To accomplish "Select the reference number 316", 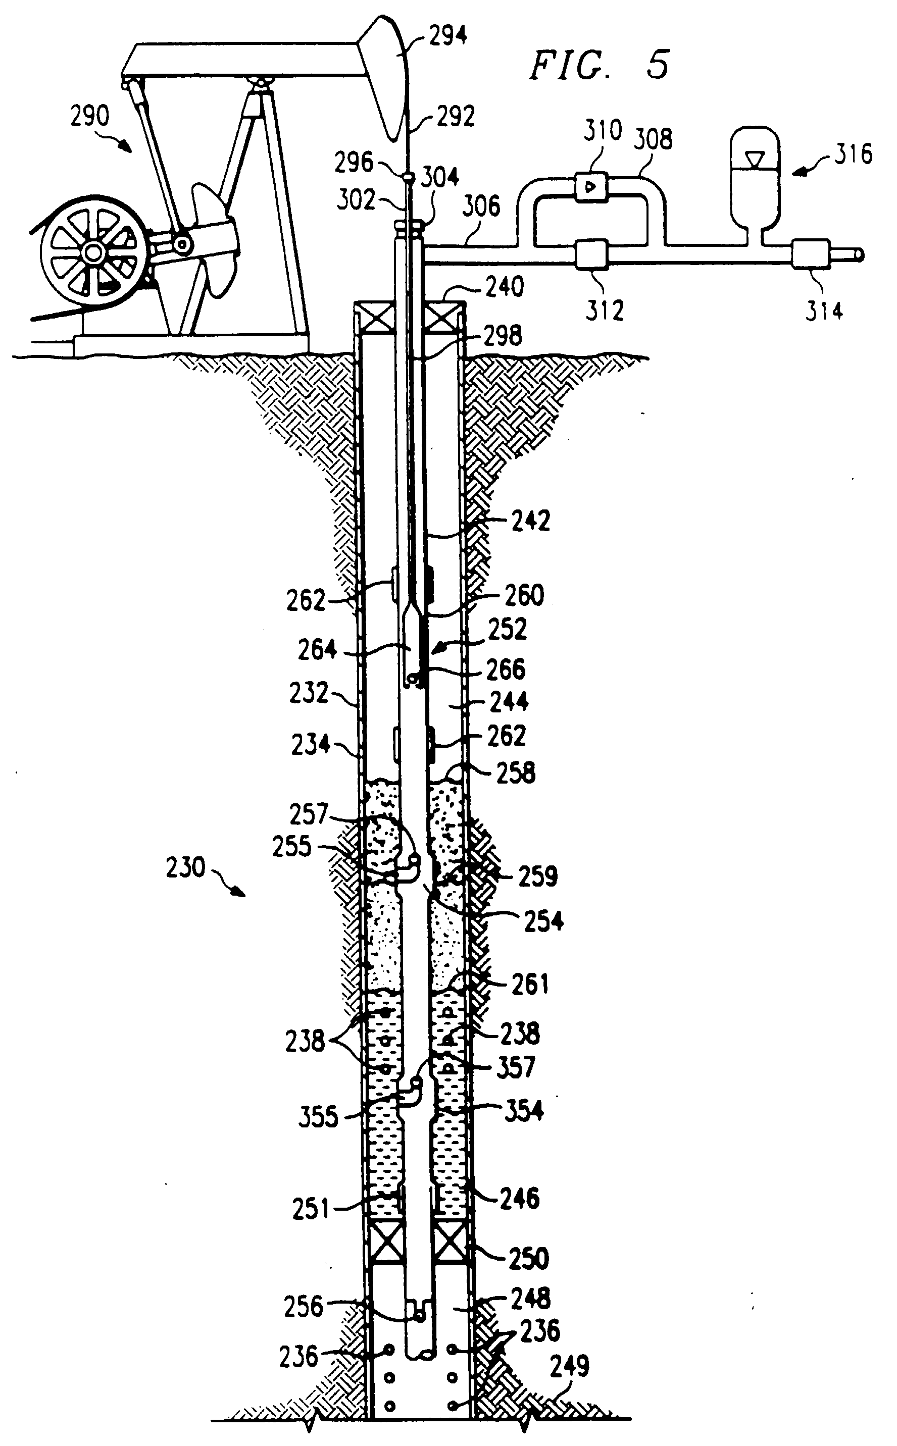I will (853, 154).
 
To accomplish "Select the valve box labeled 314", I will (810, 255).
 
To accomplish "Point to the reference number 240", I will (505, 287).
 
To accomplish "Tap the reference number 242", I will (530, 521).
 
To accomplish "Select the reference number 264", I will (317, 650).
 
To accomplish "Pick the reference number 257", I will (309, 814).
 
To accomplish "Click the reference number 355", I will (318, 1117).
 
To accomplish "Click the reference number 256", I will (303, 1307).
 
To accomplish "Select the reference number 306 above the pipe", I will (481, 206).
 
